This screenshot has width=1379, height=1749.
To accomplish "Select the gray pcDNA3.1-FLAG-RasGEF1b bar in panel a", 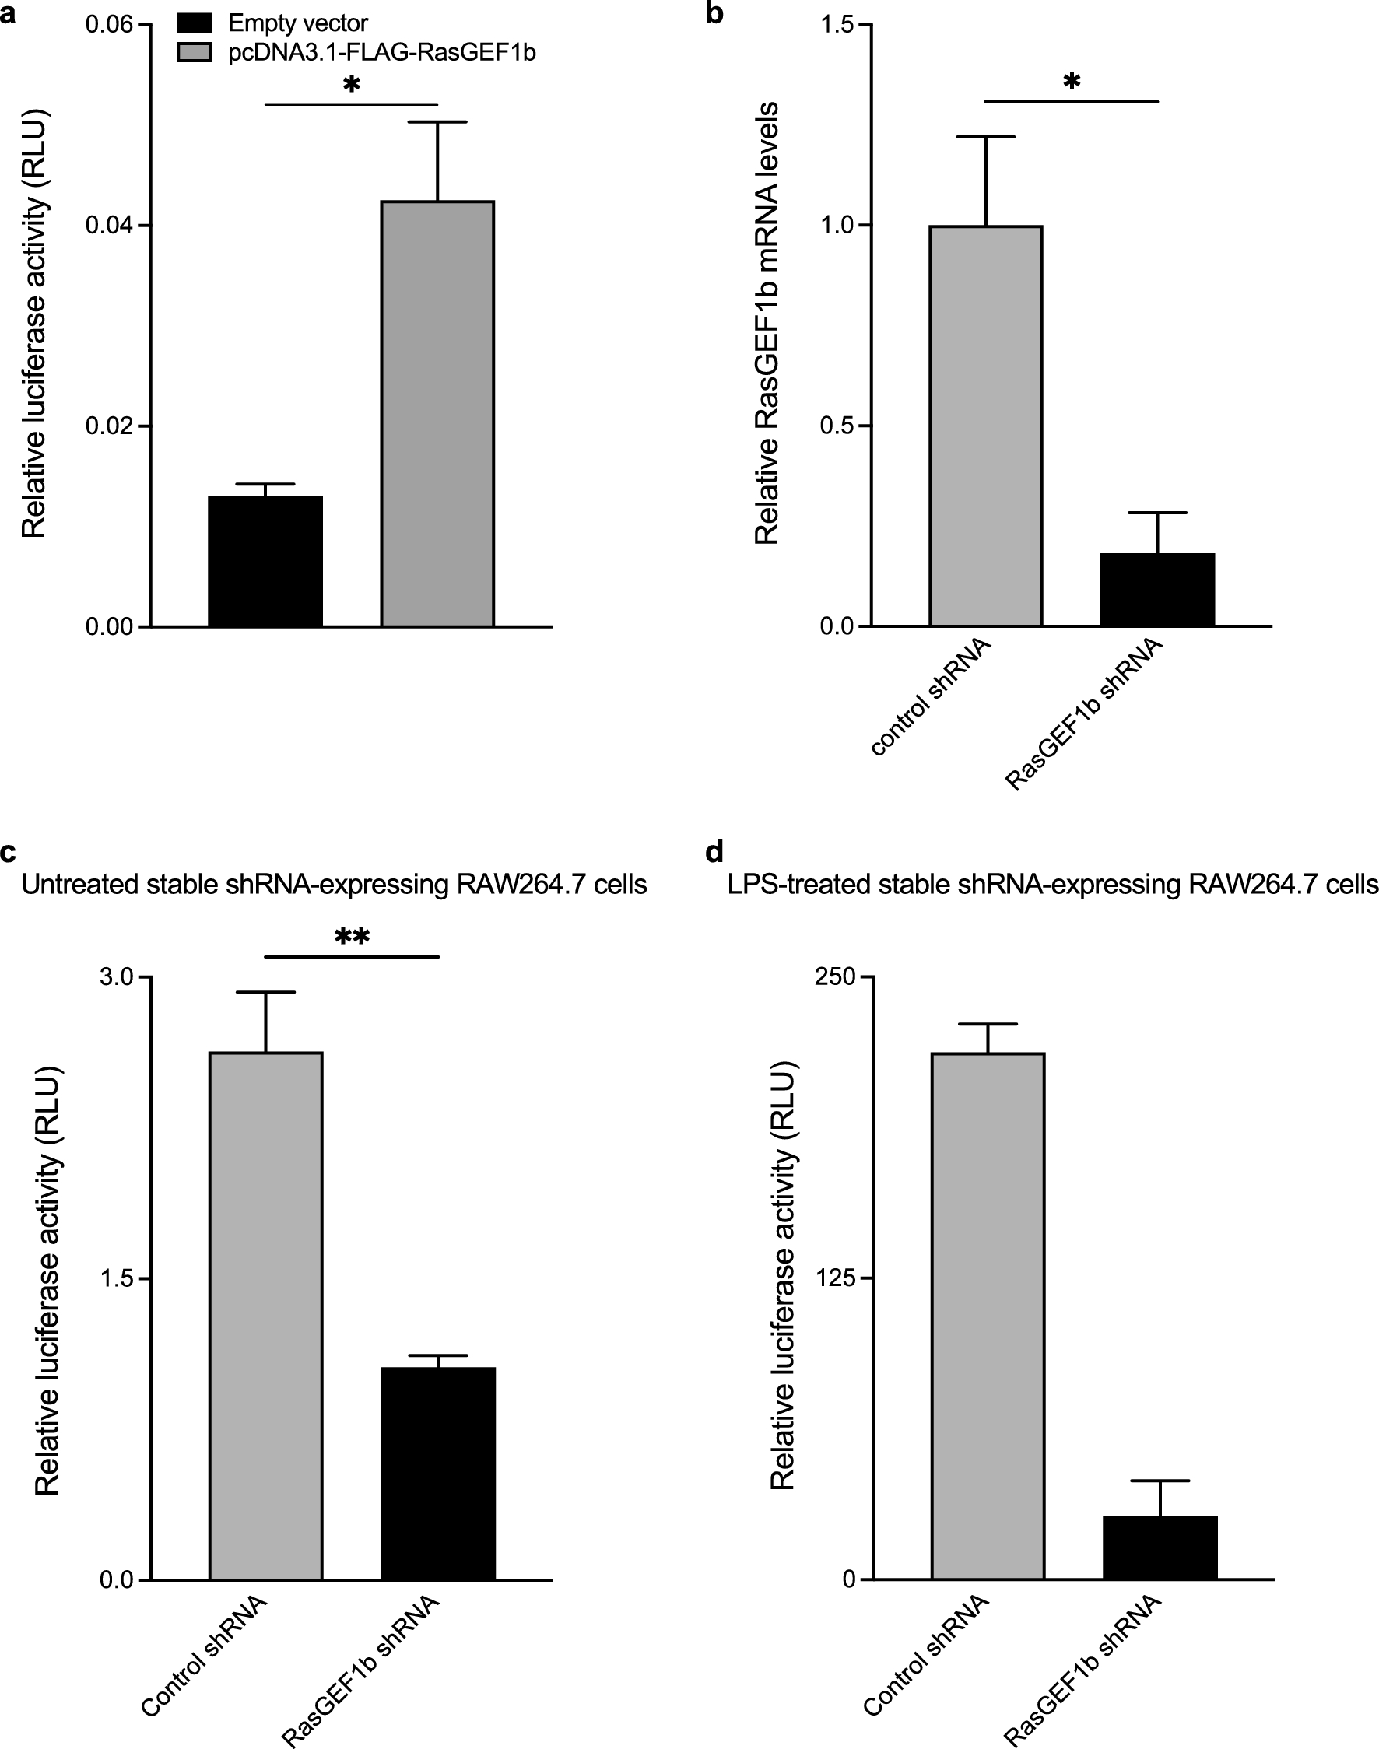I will click(x=437, y=413).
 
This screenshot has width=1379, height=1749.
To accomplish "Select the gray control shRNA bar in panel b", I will click(x=986, y=426).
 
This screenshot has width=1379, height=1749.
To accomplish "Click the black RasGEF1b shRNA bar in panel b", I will click(x=1158, y=589).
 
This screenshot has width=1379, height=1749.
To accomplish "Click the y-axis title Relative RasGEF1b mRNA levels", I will click(x=767, y=323).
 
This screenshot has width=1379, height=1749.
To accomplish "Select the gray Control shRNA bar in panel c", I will click(x=265, y=1316).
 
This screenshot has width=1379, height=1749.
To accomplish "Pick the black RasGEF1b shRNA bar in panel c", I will click(x=437, y=1473).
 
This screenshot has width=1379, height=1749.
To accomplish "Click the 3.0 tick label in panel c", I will click(x=115, y=977).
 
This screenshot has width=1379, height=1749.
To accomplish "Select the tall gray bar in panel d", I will click(x=988, y=1316).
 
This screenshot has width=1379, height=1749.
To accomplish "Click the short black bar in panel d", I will click(x=1160, y=1547).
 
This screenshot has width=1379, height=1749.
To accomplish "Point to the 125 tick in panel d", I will click(x=835, y=1278).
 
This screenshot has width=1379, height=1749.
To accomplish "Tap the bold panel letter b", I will click(x=714, y=14).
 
